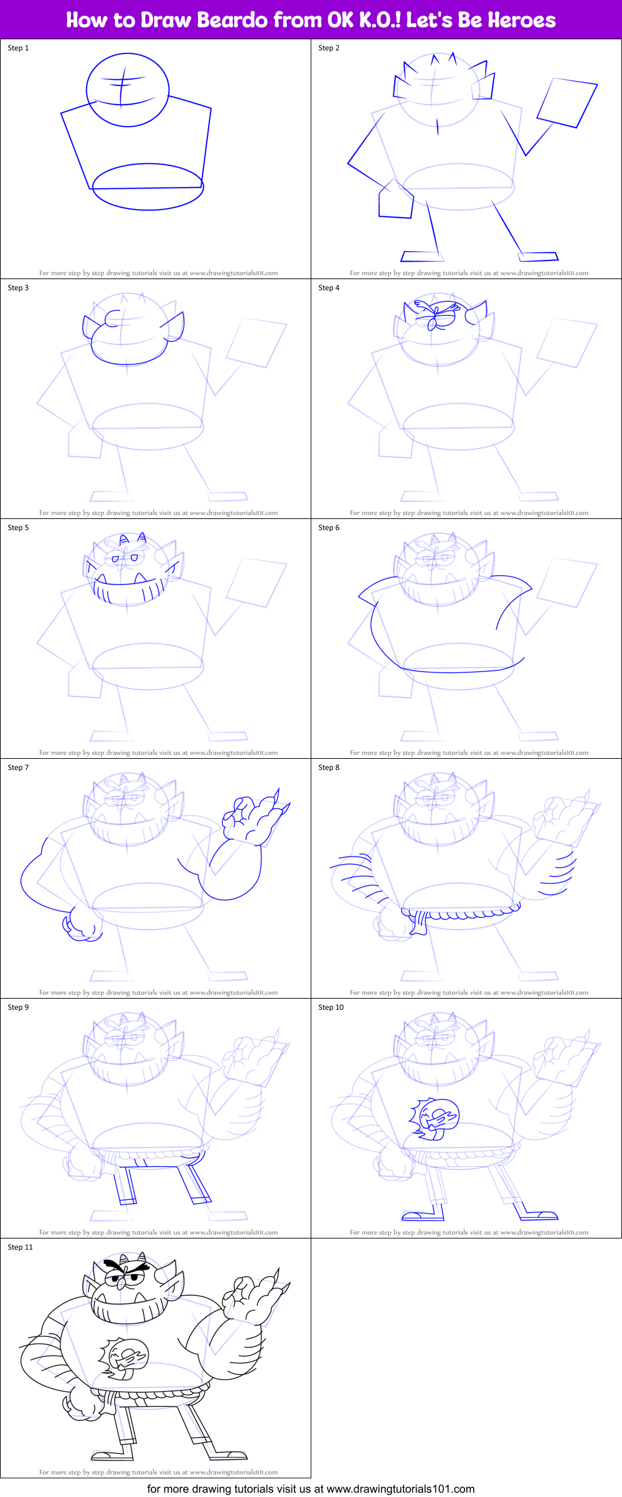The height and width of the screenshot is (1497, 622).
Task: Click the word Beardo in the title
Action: [232, 20]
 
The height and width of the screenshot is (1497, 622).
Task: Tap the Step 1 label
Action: [18, 48]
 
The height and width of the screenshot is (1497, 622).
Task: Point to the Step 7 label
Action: [18, 768]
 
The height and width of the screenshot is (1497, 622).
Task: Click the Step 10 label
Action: [331, 1007]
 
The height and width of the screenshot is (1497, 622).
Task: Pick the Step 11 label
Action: [20, 1247]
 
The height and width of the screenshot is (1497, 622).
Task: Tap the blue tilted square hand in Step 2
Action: [567, 103]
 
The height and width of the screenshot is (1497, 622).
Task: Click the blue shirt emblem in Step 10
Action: [435, 1118]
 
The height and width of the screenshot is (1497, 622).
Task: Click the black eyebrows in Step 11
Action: [127, 1267]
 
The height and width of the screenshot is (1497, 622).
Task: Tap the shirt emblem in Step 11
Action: [125, 1358]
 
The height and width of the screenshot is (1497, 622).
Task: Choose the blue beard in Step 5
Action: [130, 588]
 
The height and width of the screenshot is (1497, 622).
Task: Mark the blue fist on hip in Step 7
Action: [81, 925]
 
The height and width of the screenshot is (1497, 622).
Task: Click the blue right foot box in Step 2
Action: [539, 256]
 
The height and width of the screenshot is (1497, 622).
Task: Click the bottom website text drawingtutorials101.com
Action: [400, 1489]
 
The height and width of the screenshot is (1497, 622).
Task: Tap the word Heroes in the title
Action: [521, 20]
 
